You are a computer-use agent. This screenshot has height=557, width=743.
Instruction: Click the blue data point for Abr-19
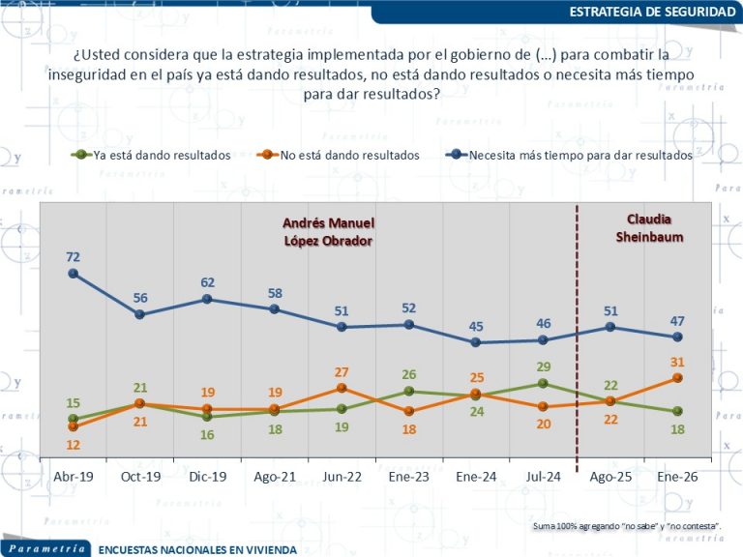point(73,274)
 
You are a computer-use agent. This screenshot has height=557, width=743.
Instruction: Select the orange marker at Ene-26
point(677,378)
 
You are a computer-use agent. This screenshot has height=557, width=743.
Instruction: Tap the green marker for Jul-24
point(543,384)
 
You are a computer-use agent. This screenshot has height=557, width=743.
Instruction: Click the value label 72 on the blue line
point(73,256)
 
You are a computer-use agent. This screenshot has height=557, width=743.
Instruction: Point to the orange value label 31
point(677,362)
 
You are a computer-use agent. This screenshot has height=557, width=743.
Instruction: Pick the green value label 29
point(543,367)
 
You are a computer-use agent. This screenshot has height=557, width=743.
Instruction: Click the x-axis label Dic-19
point(207,477)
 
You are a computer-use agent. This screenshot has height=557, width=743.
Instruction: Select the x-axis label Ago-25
point(610,477)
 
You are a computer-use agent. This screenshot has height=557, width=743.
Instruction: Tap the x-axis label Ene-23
point(408,477)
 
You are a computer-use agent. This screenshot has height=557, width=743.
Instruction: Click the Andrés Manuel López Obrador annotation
point(327,231)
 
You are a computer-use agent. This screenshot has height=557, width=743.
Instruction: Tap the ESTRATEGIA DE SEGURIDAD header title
point(651,12)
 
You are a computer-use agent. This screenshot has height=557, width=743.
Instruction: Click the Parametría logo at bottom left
point(45,547)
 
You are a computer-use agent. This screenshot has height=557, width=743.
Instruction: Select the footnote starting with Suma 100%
point(628,525)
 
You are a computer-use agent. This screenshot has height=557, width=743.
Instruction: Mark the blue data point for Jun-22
point(342,327)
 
